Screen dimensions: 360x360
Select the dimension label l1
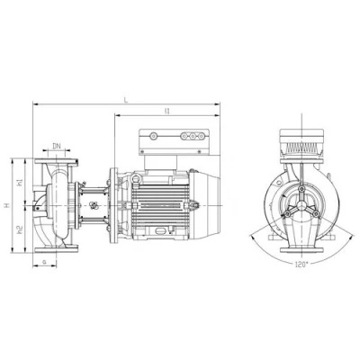[168, 111]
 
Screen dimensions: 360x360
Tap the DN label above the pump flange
[57, 145]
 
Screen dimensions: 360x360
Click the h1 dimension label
[20, 184]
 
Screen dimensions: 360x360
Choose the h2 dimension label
[20, 228]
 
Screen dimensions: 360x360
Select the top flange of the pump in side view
[57, 161]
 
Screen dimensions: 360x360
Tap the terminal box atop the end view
[299, 138]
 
